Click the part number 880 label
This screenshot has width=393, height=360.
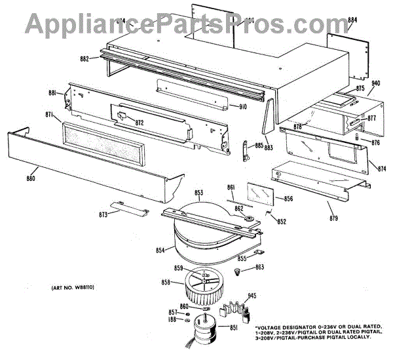pyautogui.click(x=31, y=178)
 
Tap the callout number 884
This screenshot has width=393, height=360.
pyautogui.click(x=353, y=20)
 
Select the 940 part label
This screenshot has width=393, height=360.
pyautogui.click(x=376, y=84)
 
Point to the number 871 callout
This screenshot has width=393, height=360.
pyautogui.click(x=48, y=115)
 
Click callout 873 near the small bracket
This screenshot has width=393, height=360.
pyautogui.click(x=103, y=215)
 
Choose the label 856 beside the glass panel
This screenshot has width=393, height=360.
pyautogui.click(x=288, y=199)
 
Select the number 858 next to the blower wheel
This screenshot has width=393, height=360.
pyautogui.click(x=166, y=282)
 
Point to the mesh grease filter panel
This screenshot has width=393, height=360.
pyautogui.click(x=103, y=143)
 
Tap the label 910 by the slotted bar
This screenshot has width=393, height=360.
pyautogui.click(x=242, y=107)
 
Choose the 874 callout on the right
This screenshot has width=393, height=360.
pyautogui.click(x=382, y=169)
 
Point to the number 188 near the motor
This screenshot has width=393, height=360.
pyautogui.click(x=172, y=320)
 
